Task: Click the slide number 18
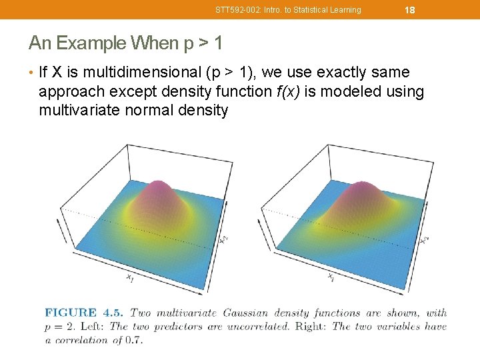[410, 10]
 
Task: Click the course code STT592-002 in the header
[236, 10]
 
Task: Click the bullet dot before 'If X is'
[31, 72]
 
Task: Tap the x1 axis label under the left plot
[129, 278]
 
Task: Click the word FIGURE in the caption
[71, 313]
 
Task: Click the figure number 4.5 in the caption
[113, 313]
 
